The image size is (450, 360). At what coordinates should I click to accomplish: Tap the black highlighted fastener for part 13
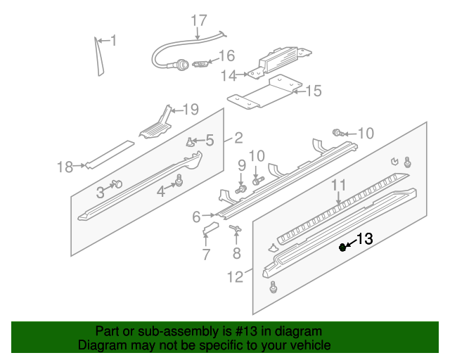[342, 247]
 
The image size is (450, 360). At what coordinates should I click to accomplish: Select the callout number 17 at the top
[199, 20]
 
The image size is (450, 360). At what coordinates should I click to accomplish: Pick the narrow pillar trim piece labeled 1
[98, 56]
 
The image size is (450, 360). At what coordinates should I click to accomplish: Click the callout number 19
[191, 109]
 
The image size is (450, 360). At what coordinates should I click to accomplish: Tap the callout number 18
[65, 167]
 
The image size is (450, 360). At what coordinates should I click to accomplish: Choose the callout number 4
[161, 191]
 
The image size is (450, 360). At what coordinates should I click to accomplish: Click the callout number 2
[238, 138]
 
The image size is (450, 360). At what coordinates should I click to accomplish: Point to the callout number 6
[197, 217]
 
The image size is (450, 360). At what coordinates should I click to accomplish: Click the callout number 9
[241, 166]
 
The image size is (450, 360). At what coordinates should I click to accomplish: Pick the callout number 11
[338, 186]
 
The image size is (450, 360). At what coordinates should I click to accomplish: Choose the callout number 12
[235, 277]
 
